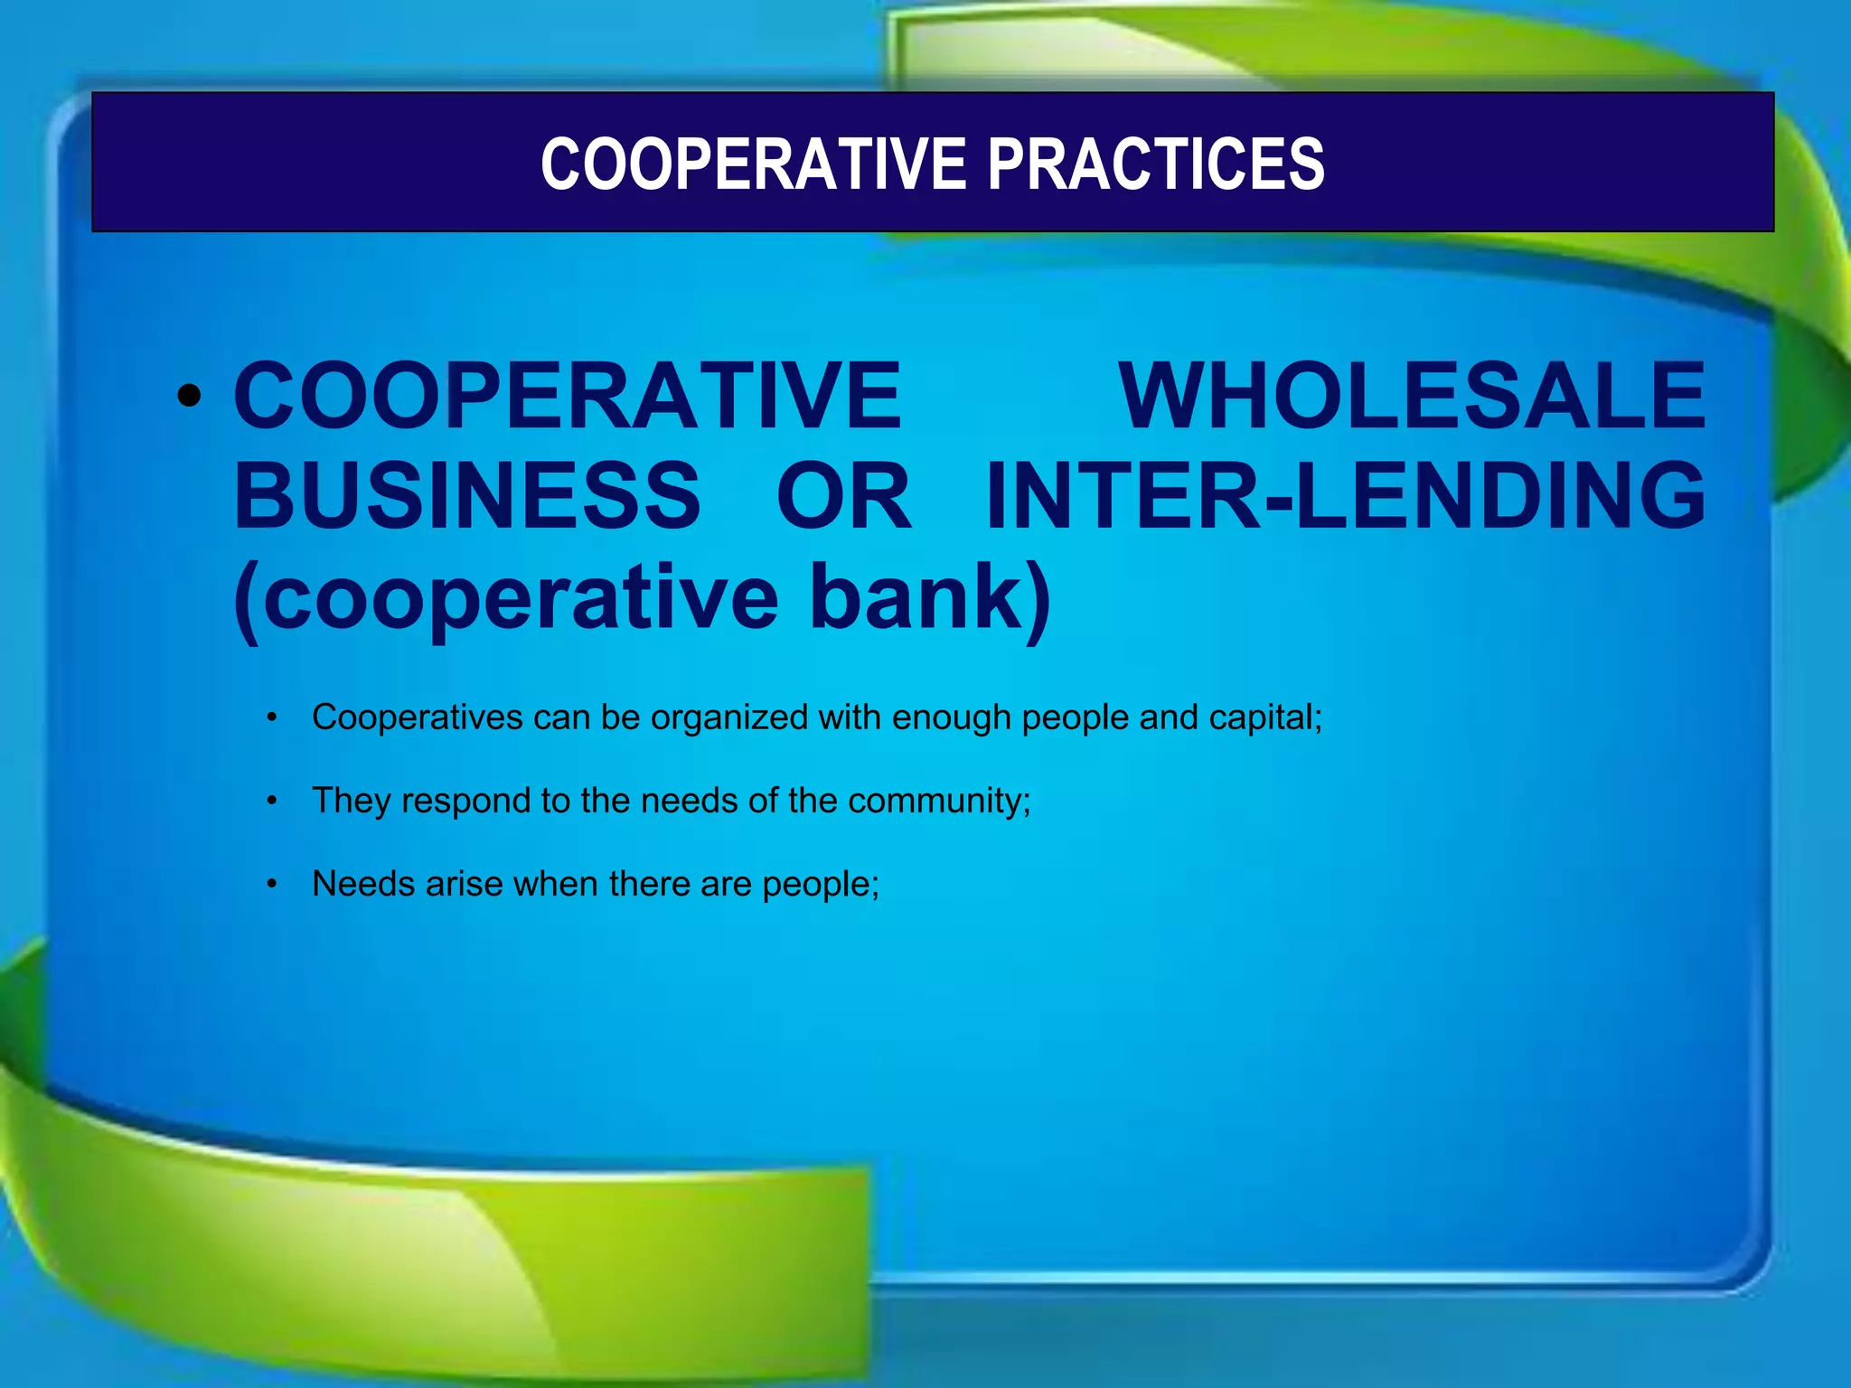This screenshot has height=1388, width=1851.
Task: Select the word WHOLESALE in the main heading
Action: tap(1412, 395)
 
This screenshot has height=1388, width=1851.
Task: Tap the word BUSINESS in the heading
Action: tap(466, 495)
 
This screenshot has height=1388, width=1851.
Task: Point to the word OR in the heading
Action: tap(843, 495)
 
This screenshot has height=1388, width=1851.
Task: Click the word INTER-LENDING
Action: tap(1345, 495)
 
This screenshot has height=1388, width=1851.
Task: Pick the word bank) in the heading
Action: tap(930, 597)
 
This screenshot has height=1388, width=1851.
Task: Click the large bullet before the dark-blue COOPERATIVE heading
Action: tap(189, 396)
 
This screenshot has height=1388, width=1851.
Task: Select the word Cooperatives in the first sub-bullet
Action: tap(418, 717)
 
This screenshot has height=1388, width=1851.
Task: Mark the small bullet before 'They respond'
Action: tap(271, 801)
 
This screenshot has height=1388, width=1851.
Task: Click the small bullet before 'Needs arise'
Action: tap(271, 884)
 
